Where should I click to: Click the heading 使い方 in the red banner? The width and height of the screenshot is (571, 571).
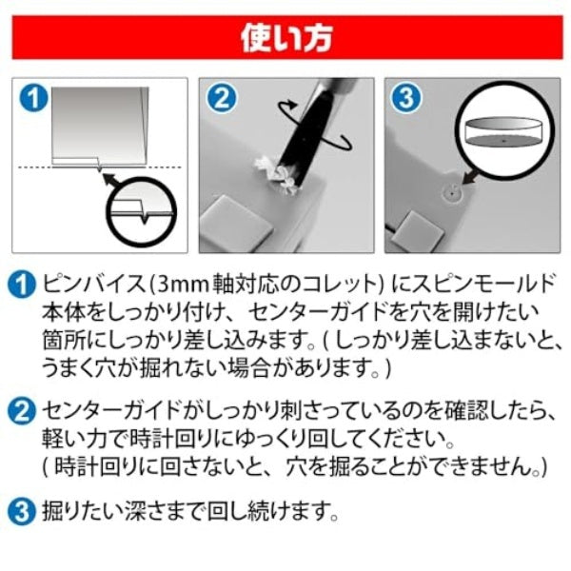(286, 37)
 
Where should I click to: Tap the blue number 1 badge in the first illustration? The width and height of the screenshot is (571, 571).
(34, 98)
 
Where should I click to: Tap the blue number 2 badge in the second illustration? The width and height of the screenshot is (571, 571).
(222, 98)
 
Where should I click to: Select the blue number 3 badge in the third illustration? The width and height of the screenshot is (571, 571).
(406, 98)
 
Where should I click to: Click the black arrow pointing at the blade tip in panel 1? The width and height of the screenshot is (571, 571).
(112, 181)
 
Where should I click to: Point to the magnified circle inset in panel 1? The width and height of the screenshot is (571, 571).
(141, 212)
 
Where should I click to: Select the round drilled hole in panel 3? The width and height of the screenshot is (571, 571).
(451, 193)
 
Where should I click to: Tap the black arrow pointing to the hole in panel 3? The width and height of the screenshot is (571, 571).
(472, 176)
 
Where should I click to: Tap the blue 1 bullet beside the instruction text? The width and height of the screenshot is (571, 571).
(22, 285)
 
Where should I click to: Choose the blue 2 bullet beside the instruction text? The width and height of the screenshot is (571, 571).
(22, 411)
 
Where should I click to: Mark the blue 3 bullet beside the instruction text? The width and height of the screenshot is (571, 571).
(22, 512)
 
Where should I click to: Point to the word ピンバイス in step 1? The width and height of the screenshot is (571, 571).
(94, 285)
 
